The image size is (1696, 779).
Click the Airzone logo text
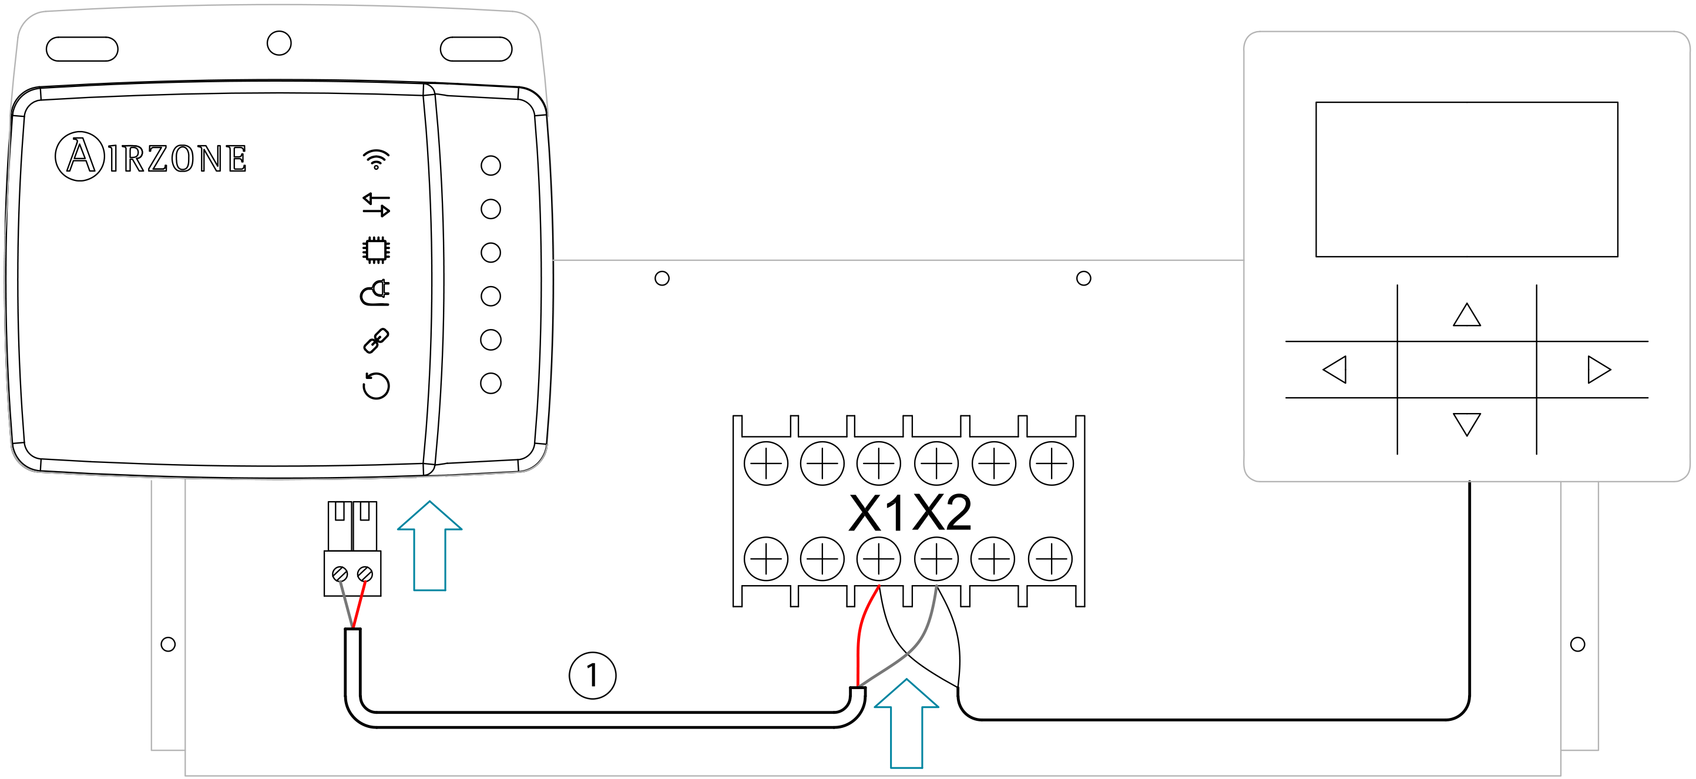152,157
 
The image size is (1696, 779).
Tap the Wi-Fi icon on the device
376,159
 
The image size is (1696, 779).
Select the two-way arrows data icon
376,205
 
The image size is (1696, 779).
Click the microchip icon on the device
376,250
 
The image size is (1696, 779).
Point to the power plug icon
375,293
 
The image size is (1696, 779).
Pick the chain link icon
376,340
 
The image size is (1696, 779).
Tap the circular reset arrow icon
376,385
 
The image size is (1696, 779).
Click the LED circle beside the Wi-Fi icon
491,165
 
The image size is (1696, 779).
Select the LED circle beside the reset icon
491,383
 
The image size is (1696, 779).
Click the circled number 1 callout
593,675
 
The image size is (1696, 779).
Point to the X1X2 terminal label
910,512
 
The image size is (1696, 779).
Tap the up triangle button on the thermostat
1466,315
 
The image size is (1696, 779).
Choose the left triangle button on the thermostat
1335,370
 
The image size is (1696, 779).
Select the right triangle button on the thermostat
1598,370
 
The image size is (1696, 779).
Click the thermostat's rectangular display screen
1466,179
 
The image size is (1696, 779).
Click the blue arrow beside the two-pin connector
430,546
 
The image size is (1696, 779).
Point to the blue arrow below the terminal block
906,724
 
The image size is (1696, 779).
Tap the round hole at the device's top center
279,43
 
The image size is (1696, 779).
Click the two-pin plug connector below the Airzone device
352,550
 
